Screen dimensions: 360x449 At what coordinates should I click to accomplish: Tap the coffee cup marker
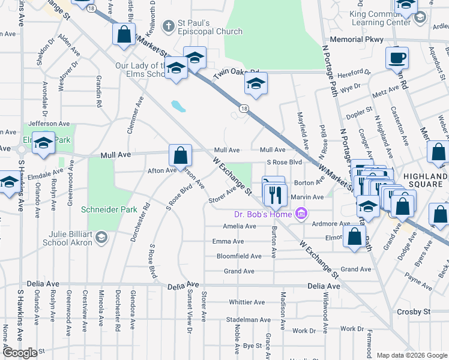[x=397, y=59]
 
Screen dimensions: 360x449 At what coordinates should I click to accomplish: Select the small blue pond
[x=178, y=107]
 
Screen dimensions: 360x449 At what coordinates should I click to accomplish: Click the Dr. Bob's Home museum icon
[x=301, y=214]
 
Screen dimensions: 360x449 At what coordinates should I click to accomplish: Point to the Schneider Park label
[x=106, y=210]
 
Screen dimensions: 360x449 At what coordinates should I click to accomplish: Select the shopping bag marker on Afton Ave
[x=180, y=157]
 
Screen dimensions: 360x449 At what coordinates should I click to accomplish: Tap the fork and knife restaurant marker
[x=276, y=193]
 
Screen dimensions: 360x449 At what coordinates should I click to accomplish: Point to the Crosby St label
[x=414, y=312]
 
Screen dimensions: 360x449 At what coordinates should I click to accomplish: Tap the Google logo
[x=19, y=353]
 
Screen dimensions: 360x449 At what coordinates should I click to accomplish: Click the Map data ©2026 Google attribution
[x=412, y=355]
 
